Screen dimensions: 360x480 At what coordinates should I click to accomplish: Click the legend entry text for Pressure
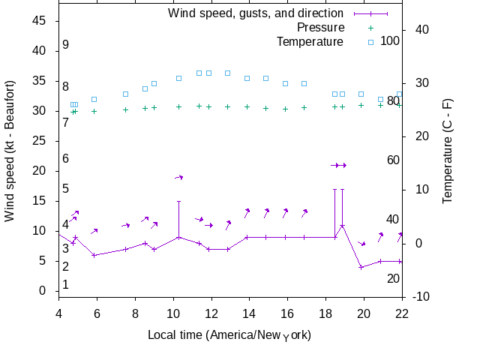(310, 27)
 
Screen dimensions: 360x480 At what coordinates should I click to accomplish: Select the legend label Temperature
(310, 41)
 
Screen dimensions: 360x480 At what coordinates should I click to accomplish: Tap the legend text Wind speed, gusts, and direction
(255, 13)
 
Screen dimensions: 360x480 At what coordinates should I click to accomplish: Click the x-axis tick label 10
(173, 313)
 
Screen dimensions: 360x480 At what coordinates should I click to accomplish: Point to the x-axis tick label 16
(288, 313)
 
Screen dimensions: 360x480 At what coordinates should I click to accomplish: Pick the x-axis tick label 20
(364, 313)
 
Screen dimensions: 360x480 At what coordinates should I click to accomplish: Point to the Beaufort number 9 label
(66, 45)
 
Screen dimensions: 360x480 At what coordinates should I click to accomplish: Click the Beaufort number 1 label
(66, 285)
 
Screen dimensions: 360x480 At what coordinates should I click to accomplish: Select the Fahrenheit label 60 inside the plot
(393, 160)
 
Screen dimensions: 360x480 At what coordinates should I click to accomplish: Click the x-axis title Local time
(229, 334)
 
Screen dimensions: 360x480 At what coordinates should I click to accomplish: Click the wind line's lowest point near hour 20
(361, 268)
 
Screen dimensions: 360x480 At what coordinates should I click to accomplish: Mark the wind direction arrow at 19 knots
(179, 177)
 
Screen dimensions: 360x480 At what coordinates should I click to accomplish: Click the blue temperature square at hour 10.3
(178, 78)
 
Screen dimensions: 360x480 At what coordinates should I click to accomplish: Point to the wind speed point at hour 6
(94, 255)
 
